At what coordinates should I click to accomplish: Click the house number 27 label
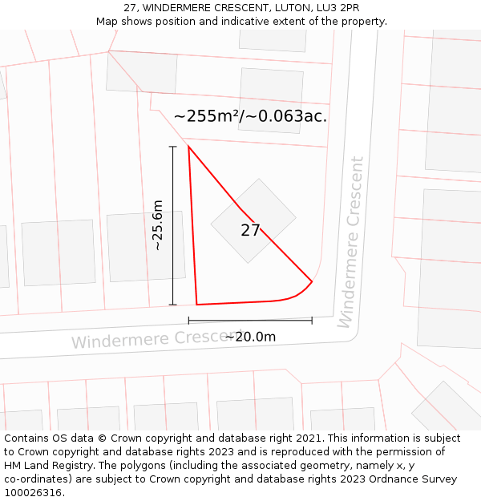pyautogui.click(x=250, y=231)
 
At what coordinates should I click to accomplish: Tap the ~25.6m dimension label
pyautogui.click(x=158, y=225)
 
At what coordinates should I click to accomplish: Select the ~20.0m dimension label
pyautogui.click(x=250, y=337)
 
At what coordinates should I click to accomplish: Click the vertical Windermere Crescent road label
pyautogui.click(x=350, y=241)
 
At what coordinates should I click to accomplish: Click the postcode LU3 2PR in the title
pyautogui.click(x=337, y=8)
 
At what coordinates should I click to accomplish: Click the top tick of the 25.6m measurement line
pyautogui.click(x=172, y=147)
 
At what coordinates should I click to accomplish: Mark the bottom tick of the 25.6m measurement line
pyautogui.click(x=172, y=305)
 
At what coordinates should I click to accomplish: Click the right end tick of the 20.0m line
pyautogui.click(x=312, y=321)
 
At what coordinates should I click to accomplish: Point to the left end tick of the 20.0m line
pyautogui.click(x=189, y=321)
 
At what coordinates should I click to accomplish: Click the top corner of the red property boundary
pyautogui.click(x=188, y=146)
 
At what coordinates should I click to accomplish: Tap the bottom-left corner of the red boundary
pyautogui.click(x=196, y=305)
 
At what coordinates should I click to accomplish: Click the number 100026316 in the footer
pyautogui.click(x=33, y=493)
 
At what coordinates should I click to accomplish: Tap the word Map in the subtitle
pyautogui.click(x=108, y=22)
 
